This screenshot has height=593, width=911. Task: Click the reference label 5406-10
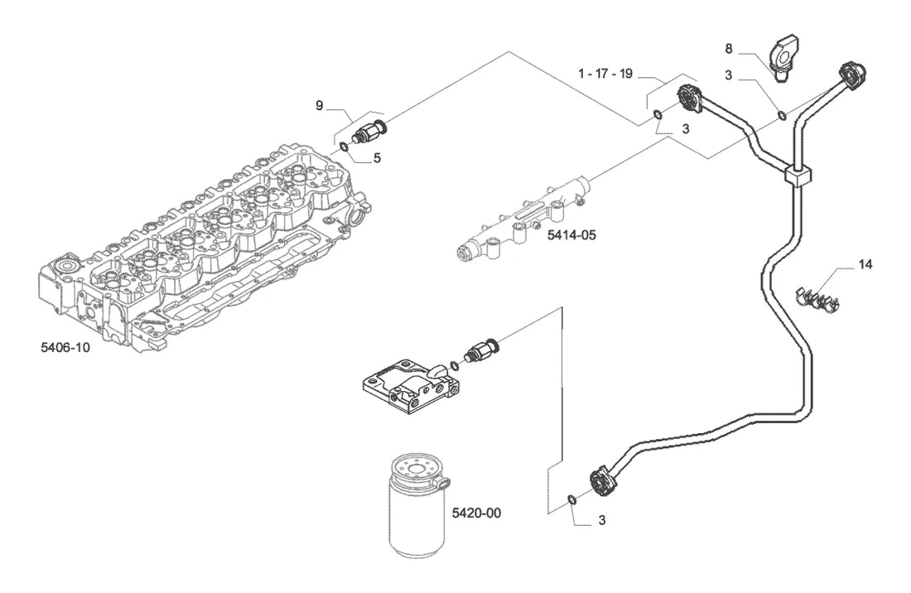point(65,347)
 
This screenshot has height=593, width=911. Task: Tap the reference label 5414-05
point(571,235)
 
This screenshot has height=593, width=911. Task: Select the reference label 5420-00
point(476,513)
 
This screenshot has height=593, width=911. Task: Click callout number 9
point(319,105)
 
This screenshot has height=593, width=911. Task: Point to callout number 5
point(377,157)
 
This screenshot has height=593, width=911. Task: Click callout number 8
point(729,49)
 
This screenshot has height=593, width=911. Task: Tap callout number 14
point(865,264)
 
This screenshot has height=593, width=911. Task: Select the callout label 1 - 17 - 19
point(605,74)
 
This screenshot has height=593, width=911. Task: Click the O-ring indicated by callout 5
point(344,147)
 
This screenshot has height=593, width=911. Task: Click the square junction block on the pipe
point(798,175)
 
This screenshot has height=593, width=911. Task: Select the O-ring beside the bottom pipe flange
point(571,499)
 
